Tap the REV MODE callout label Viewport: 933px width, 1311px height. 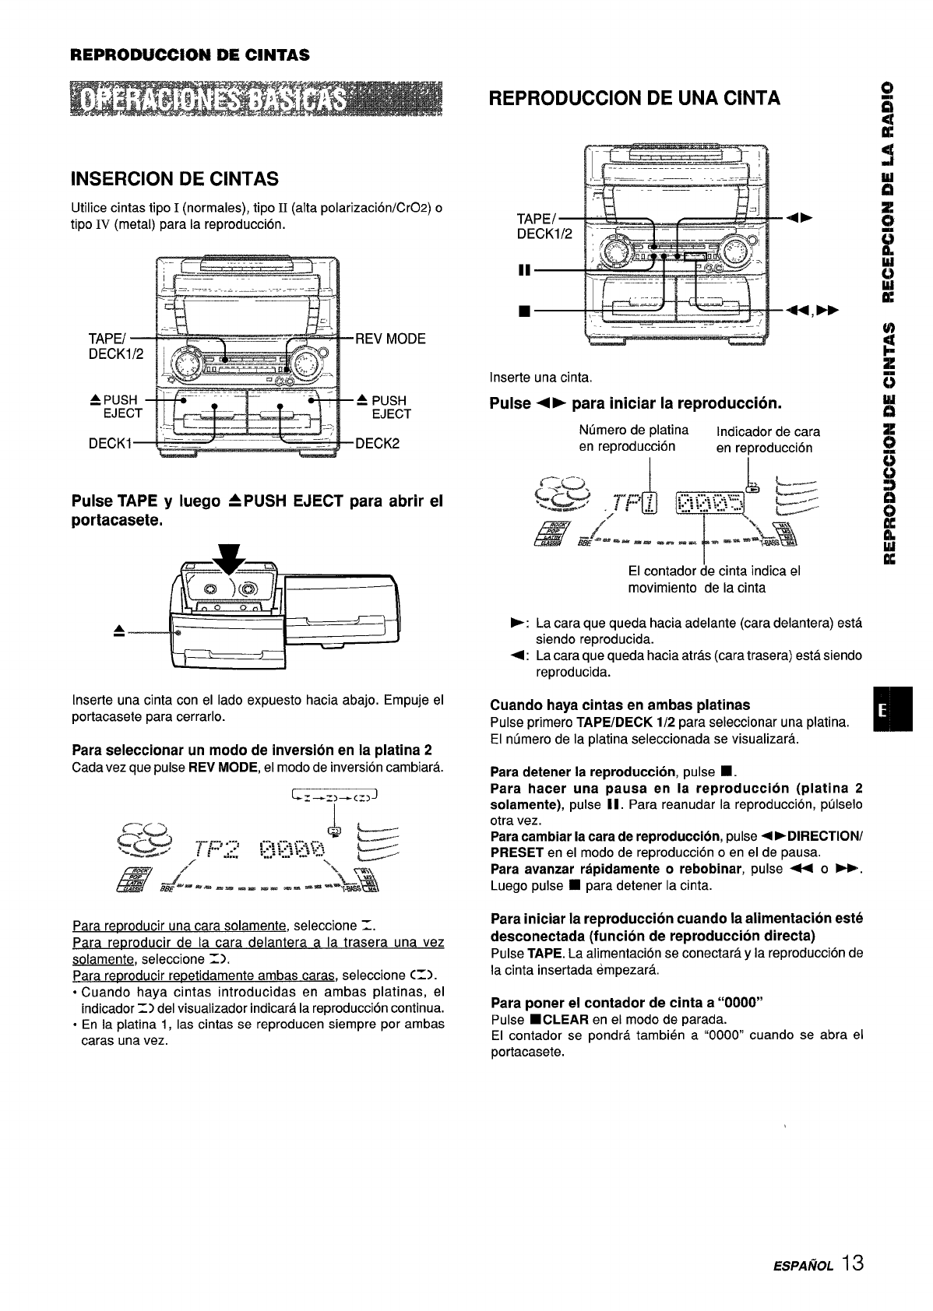click(390, 339)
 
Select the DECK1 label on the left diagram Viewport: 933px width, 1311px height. click(109, 444)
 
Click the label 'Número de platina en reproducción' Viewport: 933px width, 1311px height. click(634, 438)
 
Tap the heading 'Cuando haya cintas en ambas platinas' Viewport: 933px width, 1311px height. click(620, 705)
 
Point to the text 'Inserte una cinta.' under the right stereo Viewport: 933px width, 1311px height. click(541, 378)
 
